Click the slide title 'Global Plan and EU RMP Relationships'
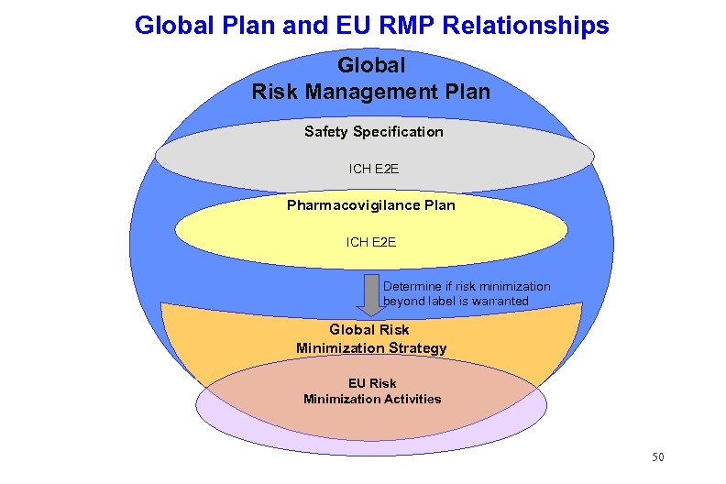tap(371, 25)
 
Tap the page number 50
tap(657, 456)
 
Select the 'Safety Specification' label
tap(373, 132)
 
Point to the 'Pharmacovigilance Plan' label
tap(370, 205)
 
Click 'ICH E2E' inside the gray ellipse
tap(373, 169)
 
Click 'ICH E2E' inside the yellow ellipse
tap(370, 242)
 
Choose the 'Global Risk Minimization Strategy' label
tap(370, 338)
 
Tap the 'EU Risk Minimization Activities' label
tap(372, 390)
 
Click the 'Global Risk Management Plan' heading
tap(370, 79)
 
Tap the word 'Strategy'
tap(417, 348)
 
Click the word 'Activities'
tap(407, 399)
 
